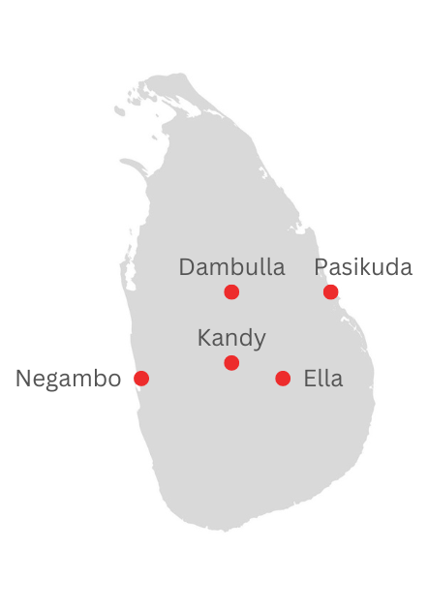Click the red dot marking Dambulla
coord(231,291)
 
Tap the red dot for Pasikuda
coord(331,291)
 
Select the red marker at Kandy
coord(231,363)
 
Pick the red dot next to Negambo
coord(141,378)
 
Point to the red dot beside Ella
coord(283,378)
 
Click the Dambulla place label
coord(231,267)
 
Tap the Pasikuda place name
coord(363,267)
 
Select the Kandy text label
coord(231,338)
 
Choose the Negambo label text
coord(68,379)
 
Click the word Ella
coord(323,379)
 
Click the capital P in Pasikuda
coord(321,267)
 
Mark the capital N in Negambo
coord(23,379)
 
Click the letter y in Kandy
coord(259,341)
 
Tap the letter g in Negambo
coord(52,381)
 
